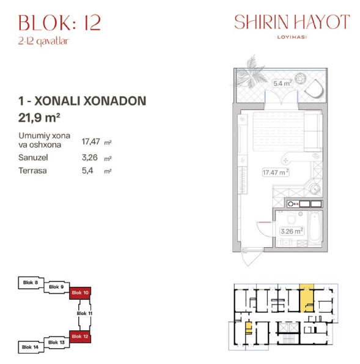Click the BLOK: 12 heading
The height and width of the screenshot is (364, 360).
(x=60, y=23)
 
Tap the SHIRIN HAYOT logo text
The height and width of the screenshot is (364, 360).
(x=292, y=22)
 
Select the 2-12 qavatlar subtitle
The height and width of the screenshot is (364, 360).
(x=43, y=42)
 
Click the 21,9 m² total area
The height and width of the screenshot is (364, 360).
(x=39, y=117)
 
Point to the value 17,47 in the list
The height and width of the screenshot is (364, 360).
(x=90, y=141)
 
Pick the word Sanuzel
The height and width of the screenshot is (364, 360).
(x=33, y=158)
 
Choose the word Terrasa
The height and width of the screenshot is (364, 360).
(x=32, y=171)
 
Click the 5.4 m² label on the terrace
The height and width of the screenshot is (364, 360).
(x=282, y=83)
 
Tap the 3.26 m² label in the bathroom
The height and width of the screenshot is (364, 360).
(x=292, y=231)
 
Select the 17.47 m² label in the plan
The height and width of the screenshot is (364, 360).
(x=276, y=173)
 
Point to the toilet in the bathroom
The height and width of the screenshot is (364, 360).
(x=291, y=218)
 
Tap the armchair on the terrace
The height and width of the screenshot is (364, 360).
(x=314, y=89)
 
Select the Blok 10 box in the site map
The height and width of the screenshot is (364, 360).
(x=80, y=293)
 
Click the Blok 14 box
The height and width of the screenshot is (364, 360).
(x=30, y=347)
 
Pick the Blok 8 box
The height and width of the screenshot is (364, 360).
(x=31, y=283)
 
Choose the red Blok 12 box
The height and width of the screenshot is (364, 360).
(x=80, y=336)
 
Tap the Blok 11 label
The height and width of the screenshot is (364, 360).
(x=84, y=313)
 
